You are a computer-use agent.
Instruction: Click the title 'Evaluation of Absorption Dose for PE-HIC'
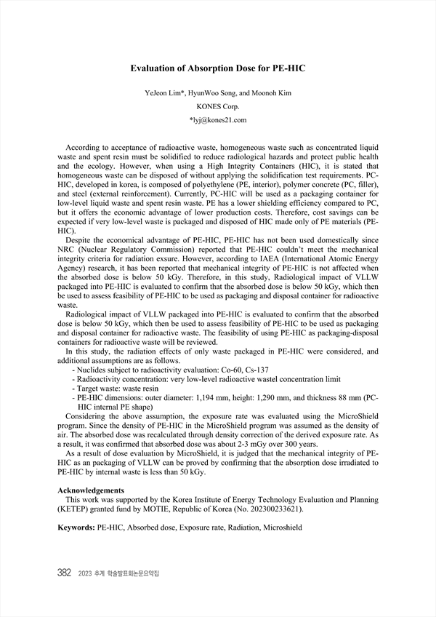(218, 68)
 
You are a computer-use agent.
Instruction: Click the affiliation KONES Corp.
(218, 106)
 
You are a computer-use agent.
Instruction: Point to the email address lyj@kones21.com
(219, 119)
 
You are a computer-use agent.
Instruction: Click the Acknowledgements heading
(91, 490)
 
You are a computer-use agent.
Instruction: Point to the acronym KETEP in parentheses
(75, 509)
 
